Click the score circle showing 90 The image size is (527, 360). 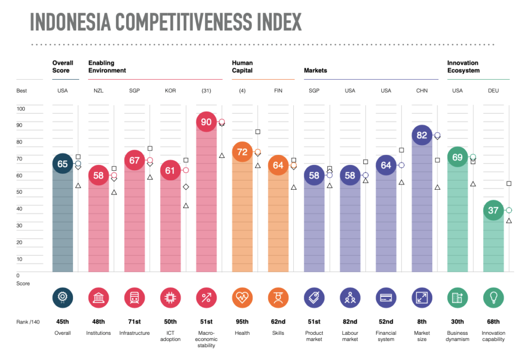(206, 122)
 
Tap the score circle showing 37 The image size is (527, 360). (494, 210)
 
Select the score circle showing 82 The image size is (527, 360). (422, 135)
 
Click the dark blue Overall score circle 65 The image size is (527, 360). (62, 164)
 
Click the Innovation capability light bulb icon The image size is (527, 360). (494, 297)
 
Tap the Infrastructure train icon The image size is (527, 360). (134, 297)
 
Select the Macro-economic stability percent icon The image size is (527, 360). (206, 297)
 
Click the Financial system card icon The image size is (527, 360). (386, 297)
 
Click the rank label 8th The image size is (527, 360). (422, 322)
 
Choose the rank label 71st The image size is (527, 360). (134, 322)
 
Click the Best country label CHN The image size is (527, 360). (422, 91)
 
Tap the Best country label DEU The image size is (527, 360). (494, 91)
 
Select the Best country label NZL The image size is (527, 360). (98, 91)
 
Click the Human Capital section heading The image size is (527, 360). (242, 67)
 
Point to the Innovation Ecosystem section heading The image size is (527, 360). (463, 67)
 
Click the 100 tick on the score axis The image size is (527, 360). (21, 109)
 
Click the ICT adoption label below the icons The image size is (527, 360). (170, 336)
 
